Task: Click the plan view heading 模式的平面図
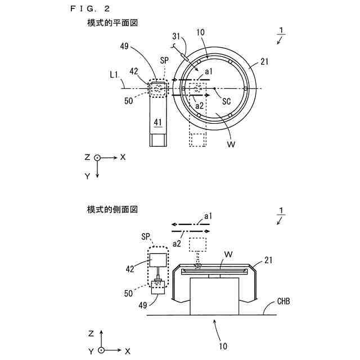point(112,24)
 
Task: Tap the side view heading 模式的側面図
point(112,209)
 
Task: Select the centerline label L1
point(115,74)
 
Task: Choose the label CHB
point(284,302)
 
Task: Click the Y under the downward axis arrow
point(87,176)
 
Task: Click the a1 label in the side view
point(208,216)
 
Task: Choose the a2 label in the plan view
point(199,105)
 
